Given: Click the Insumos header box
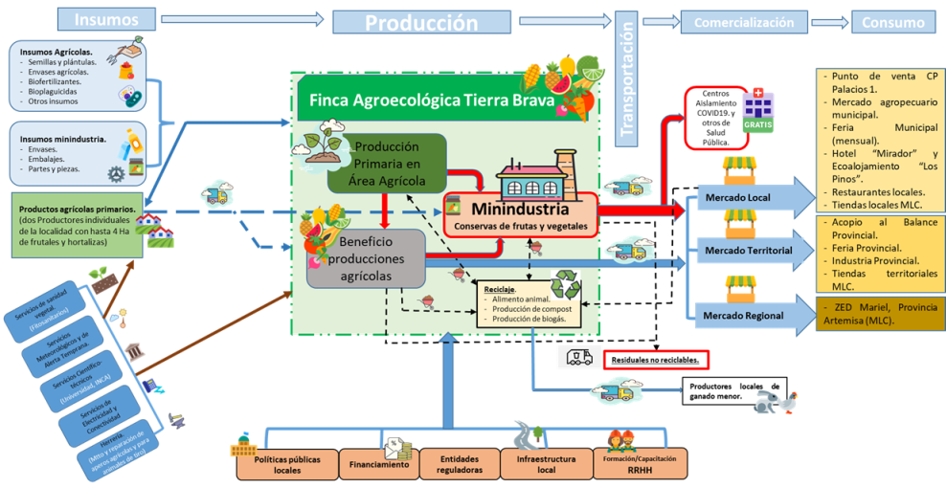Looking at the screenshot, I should click(105, 19).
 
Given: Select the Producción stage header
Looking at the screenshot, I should click(420, 21).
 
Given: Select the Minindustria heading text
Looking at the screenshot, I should click(521, 210).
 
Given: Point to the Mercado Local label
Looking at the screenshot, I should click(738, 198).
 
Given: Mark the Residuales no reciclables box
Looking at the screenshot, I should click(656, 360).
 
